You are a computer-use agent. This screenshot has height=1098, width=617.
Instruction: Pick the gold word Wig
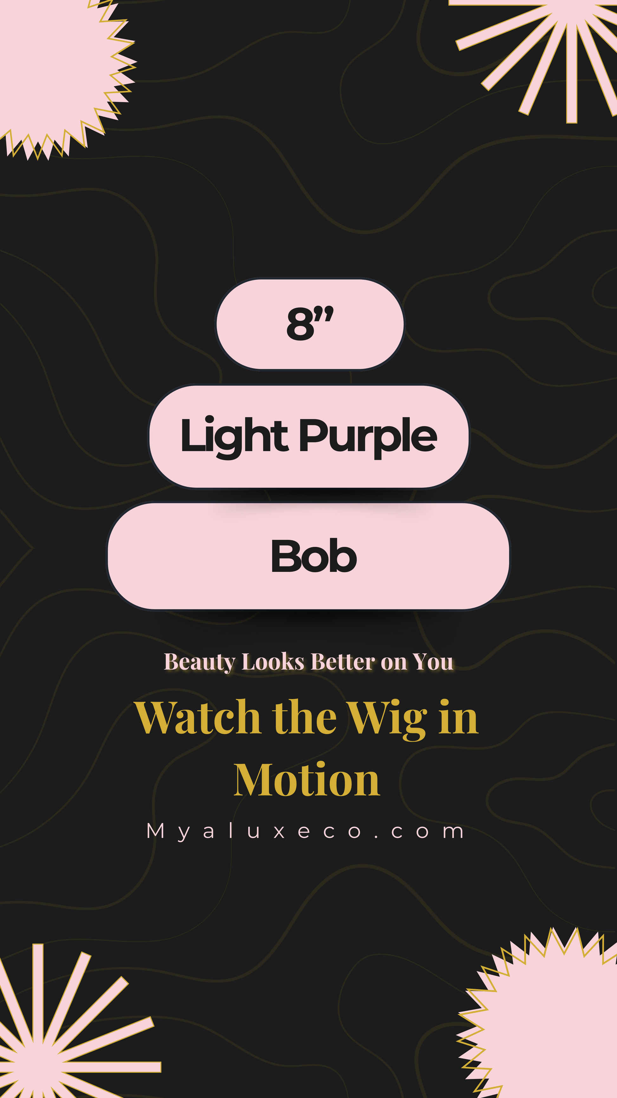[x=387, y=720]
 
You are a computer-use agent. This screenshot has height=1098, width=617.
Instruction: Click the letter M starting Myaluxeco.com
[x=155, y=831]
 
